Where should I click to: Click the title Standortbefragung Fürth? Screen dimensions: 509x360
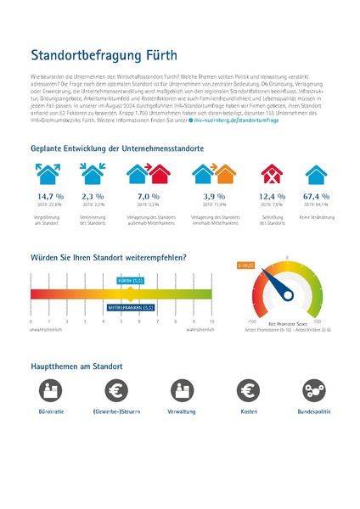click(x=104, y=56)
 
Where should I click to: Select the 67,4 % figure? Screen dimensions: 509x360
click(x=316, y=195)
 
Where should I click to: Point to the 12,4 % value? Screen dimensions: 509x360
click(x=271, y=195)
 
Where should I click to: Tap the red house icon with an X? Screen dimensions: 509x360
click(x=272, y=173)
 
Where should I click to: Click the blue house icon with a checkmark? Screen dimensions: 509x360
click(x=316, y=173)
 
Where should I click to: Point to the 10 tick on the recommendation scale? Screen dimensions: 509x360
click(x=211, y=322)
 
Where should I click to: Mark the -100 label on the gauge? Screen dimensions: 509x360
click(x=251, y=322)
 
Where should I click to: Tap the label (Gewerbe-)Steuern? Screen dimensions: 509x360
click(x=117, y=411)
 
